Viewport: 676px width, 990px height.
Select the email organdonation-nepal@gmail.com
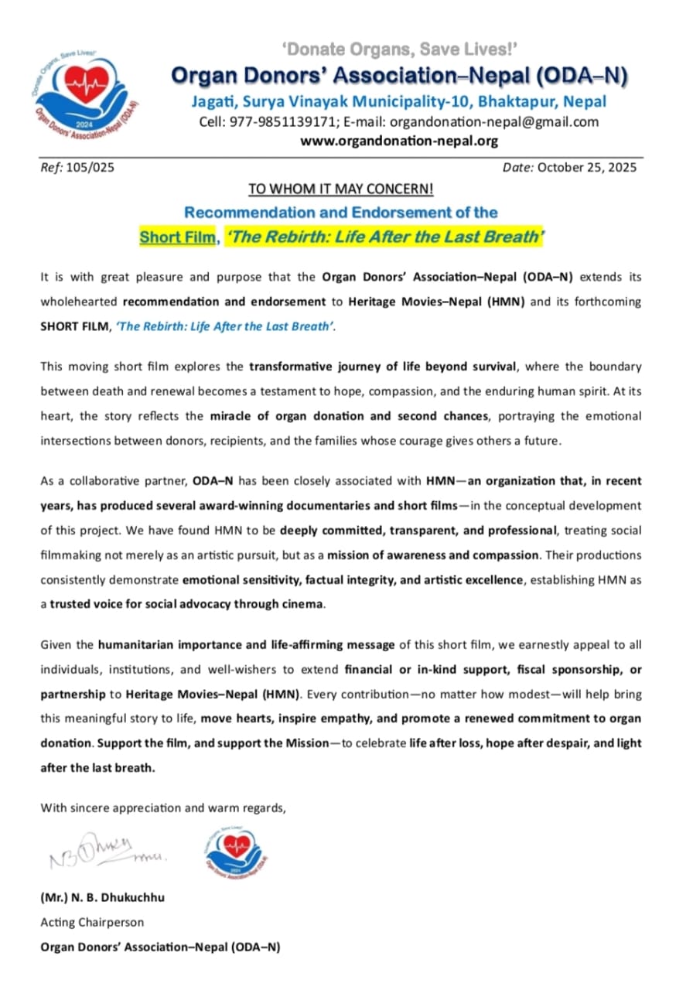(x=494, y=121)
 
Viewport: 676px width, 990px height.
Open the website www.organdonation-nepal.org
(x=399, y=141)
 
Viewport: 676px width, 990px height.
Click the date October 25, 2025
(x=587, y=167)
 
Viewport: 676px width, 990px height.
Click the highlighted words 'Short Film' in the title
(x=177, y=237)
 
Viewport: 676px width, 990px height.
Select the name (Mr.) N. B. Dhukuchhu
(x=102, y=898)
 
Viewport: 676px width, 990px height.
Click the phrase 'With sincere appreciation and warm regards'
(x=162, y=807)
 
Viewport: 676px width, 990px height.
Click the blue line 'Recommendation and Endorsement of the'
(x=341, y=213)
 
